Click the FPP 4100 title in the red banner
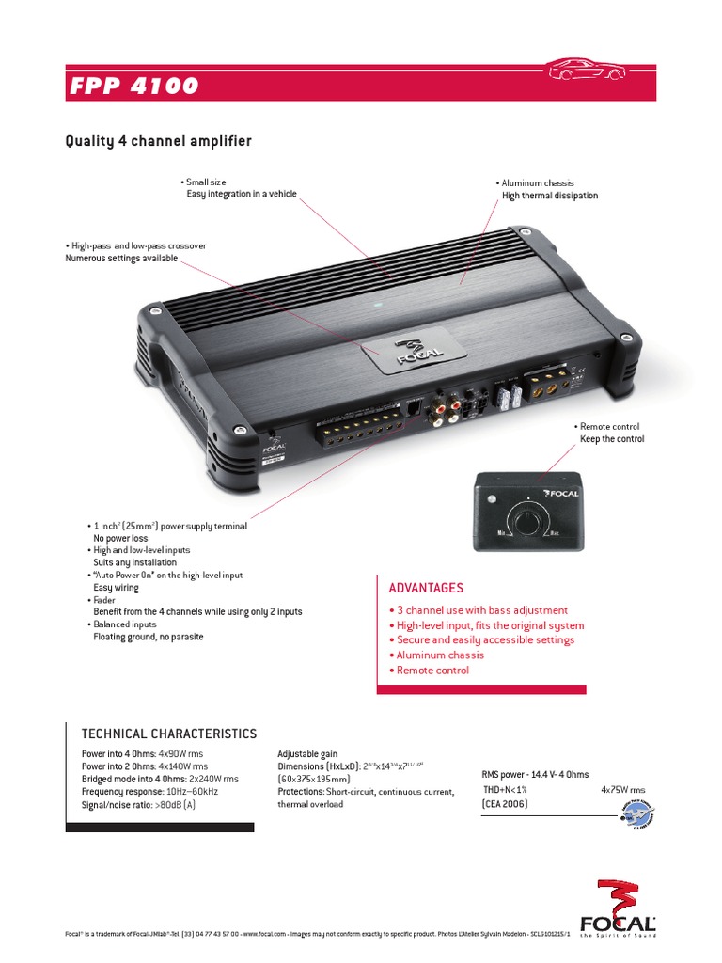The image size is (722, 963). tap(134, 86)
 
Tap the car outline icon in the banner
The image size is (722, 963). tap(586, 69)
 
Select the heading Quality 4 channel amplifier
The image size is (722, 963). tap(158, 142)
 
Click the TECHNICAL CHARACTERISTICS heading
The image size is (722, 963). tap(169, 734)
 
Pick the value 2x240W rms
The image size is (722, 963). tap(213, 780)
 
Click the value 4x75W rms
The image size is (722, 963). tap(622, 790)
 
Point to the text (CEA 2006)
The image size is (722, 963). tap(505, 805)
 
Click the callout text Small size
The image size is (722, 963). tap(206, 182)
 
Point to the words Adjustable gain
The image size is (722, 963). tap(307, 754)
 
